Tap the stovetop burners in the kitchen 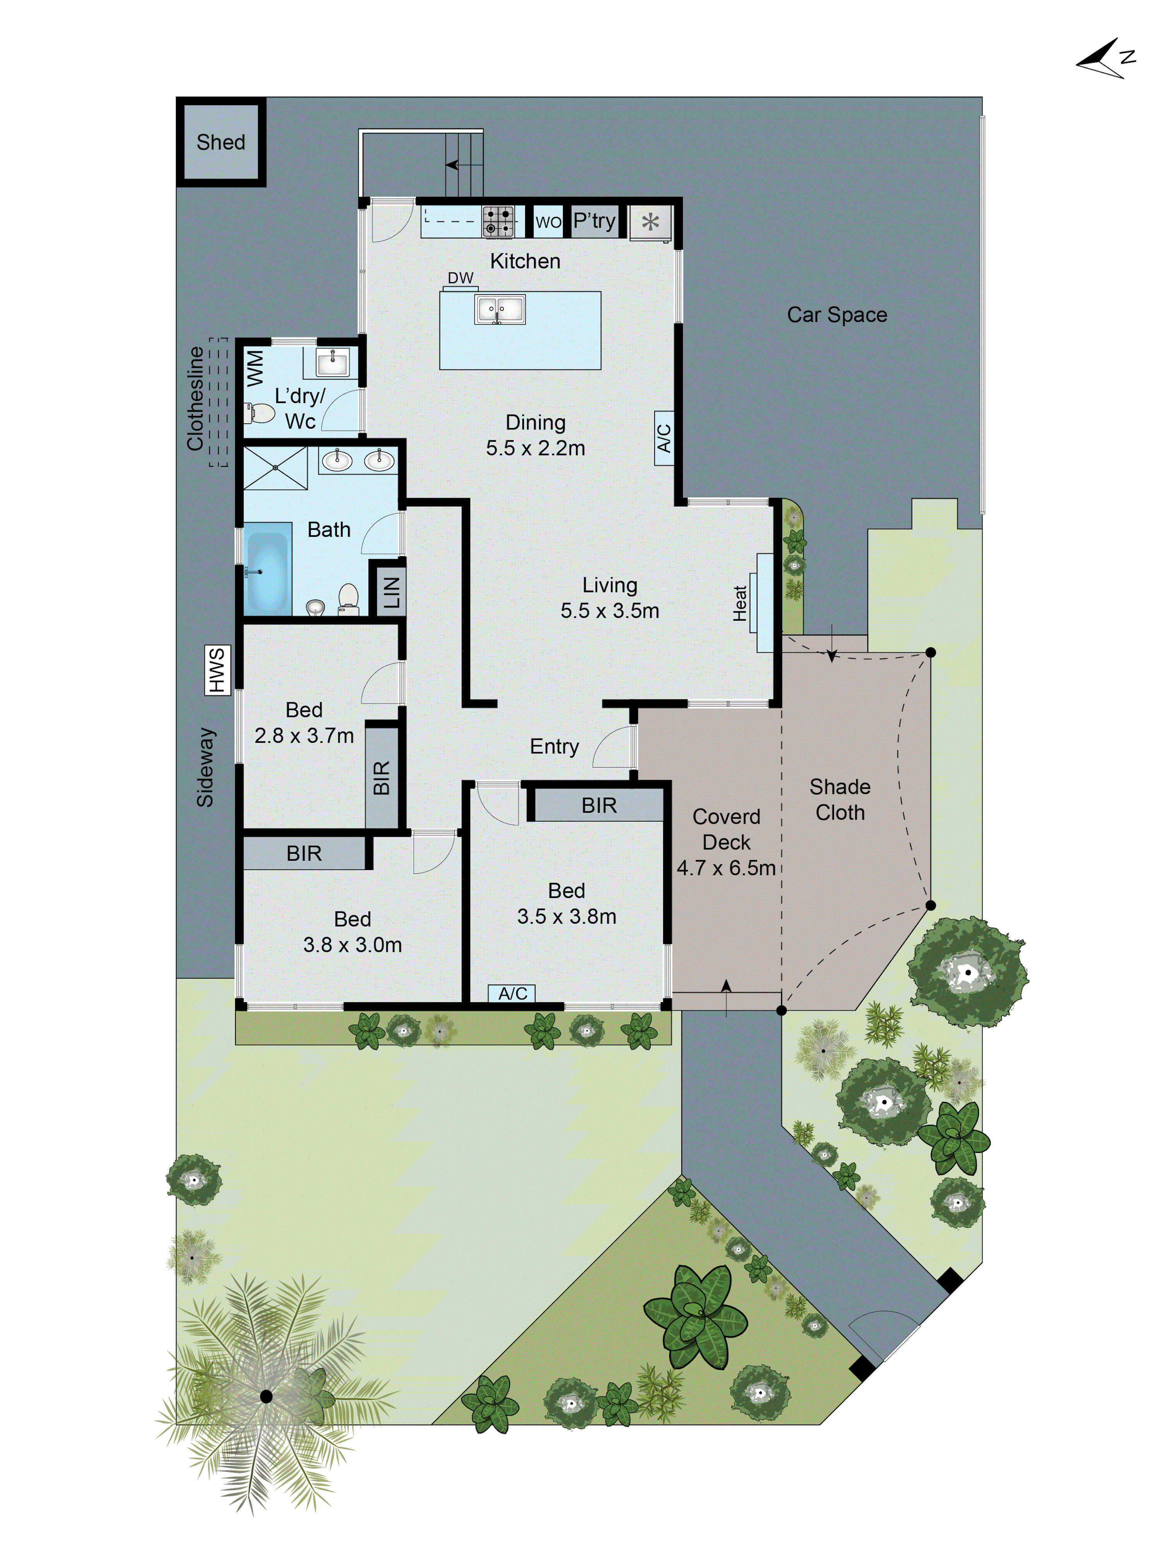tap(498, 221)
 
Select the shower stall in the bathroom tap(275, 468)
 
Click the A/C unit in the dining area tap(664, 438)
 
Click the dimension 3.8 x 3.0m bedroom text tap(352, 945)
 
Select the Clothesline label tap(195, 398)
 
